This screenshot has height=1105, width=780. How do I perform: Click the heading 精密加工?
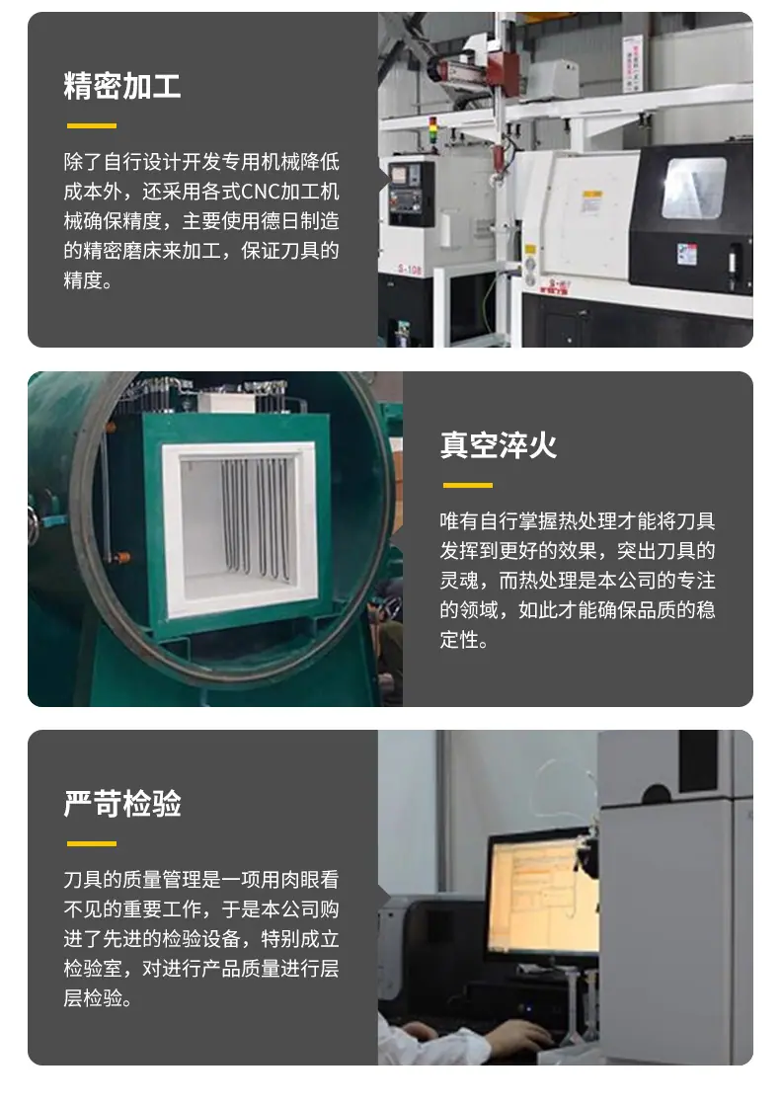click(x=121, y=86)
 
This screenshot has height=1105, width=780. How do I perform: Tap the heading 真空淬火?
click(x=499, y=445)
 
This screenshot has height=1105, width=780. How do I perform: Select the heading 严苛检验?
click(x=121, y=804)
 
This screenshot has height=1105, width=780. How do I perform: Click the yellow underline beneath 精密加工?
click(x=92, y=126)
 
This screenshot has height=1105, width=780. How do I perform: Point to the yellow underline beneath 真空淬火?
click(x=468, y=485)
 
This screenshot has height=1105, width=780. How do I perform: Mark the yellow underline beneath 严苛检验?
click(x=92, y=843)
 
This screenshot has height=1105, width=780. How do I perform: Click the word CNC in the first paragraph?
click(x=261, y=192)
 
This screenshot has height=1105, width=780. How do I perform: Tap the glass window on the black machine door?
click(x=693, y=188)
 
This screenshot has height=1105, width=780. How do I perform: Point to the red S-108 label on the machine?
click(x=410, y=270)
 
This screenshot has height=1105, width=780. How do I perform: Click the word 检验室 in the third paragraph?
click(x=93, y=969)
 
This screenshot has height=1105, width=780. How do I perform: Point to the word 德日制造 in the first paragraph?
click(x=300, y=221)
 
